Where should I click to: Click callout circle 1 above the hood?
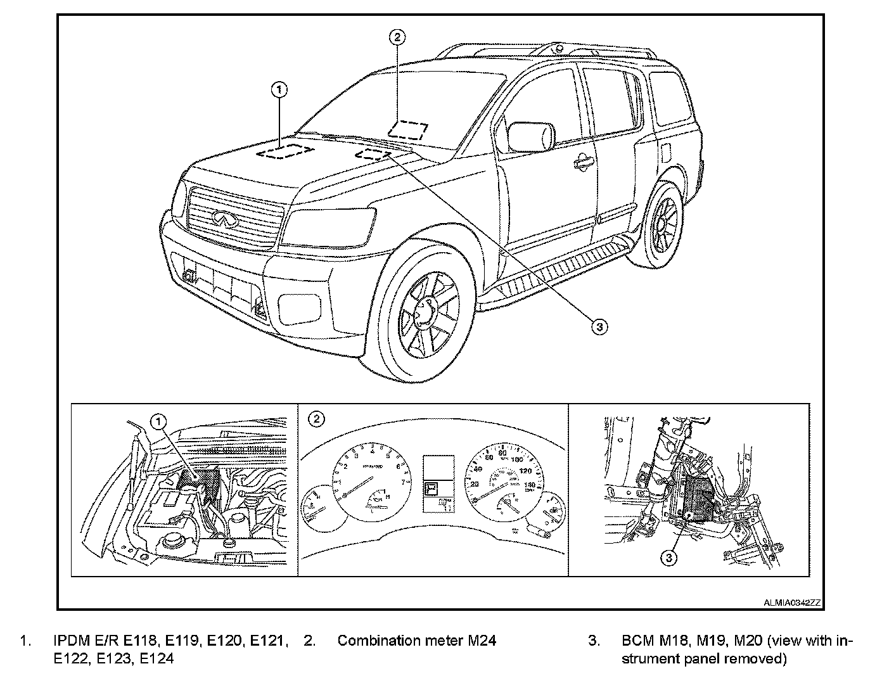pyautogui.click(x=279, y=89)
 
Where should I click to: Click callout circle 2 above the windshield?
pyautogui.click(x=397, y=37)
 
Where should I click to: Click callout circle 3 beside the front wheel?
pyautogui.click(x=599, y=326)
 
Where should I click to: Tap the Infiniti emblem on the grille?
pyautogui.click(x=221, y=217)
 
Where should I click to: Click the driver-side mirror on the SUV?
pyautogui.click(x=532, y=137)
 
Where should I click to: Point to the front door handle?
pyautogui.click(x=580, y=164)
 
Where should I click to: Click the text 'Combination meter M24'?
pyautogui.click(x=416, y=641)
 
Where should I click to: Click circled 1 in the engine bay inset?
pyautogui.click(x=158, y=420)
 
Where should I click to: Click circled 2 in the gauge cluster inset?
pyautogui.click(x=316, y=419)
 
